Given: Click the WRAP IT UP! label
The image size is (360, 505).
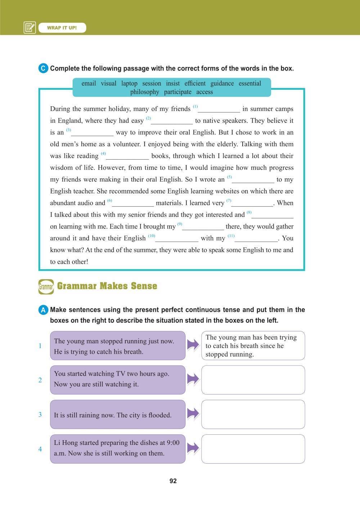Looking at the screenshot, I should coord(62,28).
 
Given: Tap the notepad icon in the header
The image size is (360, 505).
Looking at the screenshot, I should coord(30,28).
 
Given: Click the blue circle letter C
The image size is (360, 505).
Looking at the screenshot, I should coord(43,68).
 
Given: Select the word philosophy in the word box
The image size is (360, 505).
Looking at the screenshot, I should coord(144,92).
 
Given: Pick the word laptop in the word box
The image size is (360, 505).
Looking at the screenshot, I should coord(129,84).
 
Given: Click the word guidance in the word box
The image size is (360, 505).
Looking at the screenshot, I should coord(222,84).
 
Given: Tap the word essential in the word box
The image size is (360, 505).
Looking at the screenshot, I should coord(249,84).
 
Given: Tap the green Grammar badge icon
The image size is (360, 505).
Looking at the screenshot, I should coord(46,287).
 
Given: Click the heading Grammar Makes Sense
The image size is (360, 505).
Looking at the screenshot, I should coord(107,286).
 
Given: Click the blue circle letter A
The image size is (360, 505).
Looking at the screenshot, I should coord(43,310).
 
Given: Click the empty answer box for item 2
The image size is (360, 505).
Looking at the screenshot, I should coord(253,380).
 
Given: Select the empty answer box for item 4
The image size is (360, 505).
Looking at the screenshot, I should coord(253,449).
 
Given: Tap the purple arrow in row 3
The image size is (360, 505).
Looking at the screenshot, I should coord(193,414).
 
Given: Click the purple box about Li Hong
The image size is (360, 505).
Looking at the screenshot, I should coord(117,448).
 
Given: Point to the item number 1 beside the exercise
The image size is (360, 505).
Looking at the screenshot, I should coord(40,346).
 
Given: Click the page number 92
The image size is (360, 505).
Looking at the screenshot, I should coord(173,481).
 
